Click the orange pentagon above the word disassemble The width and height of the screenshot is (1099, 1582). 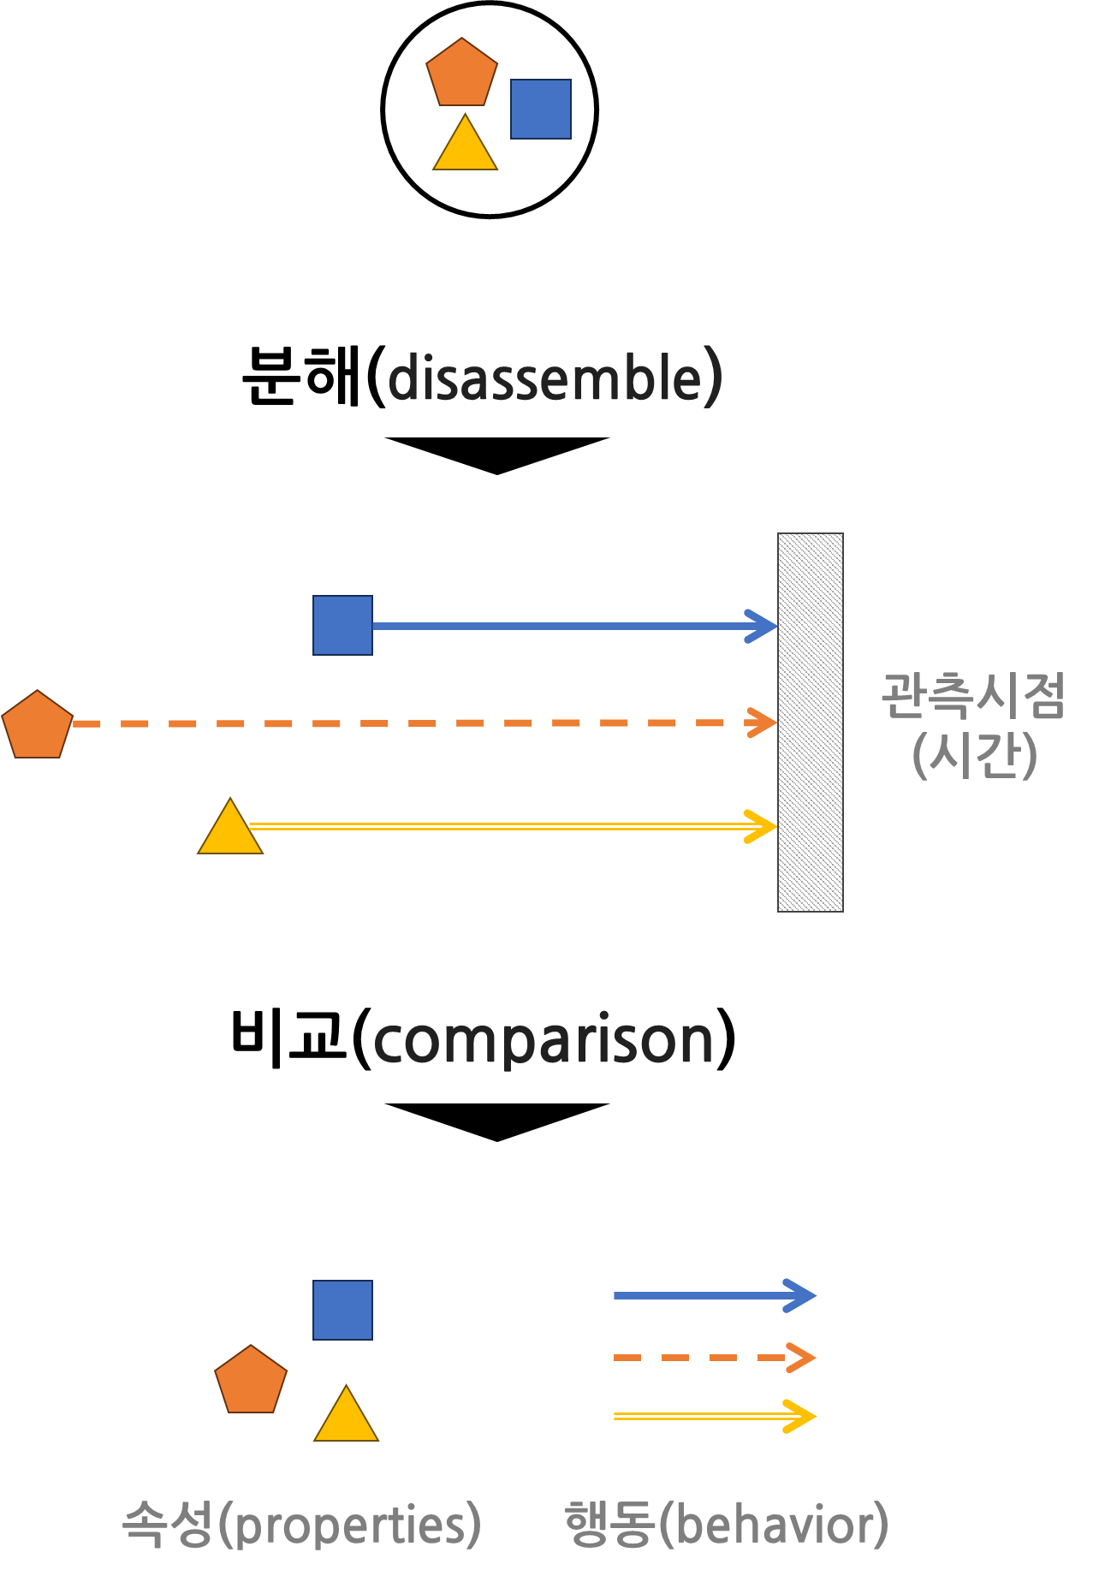pos(462,74)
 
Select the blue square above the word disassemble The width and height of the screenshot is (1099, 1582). pos(541,110)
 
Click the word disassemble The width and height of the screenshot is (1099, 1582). pos(555,378)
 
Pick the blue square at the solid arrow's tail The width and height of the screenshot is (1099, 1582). pos(342,626)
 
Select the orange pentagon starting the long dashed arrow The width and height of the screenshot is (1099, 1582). pos(38,726)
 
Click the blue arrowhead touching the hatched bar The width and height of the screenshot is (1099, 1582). pos(763,627)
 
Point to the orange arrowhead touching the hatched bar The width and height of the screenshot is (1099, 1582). pos(763,723)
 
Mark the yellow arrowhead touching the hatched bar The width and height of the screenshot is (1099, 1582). pos(762,827)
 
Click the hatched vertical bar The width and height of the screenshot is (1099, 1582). pos(810,723)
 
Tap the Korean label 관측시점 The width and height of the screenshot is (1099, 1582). pos(973,696)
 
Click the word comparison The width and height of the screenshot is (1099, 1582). pos(544,1040)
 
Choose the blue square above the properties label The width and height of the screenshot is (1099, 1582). pos(342,1311)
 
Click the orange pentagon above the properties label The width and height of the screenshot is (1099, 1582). pos(251,1381)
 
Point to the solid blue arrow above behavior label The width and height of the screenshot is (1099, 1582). pos(715,1296)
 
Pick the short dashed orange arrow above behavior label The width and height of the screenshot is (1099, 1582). pos(715,1358)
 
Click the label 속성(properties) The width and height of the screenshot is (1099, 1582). pos(302,1524)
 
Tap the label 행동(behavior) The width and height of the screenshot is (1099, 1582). pos(727,1524)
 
